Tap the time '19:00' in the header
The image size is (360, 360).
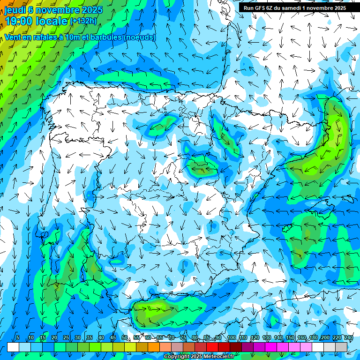coord(19,21)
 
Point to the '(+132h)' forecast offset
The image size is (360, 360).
coord(83,21)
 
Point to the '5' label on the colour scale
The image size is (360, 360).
coord(18,338)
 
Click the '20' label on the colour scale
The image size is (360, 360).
coord(54,338)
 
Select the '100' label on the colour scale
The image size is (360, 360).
coord(232,338)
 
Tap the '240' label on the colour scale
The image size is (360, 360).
coord(349,338)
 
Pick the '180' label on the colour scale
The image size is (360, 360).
coord(314,338)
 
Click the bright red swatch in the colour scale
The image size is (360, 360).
coord(212,347)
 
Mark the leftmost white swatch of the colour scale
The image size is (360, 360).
coord(13,347)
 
